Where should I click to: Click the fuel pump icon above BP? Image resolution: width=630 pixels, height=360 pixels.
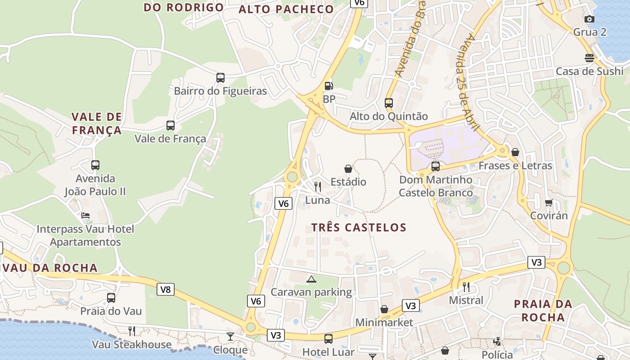click(x=329, y=85)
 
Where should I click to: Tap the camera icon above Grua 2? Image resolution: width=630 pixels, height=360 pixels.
click(x=589, y=19)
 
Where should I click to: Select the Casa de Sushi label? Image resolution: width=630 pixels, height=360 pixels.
click(x=589, y=71)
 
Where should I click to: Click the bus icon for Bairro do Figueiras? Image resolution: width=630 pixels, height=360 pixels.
click(x=220, y=78)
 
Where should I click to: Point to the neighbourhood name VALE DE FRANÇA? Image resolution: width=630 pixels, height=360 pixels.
click(x=97, y=124)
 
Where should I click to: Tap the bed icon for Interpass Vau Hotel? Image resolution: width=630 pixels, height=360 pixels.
click(x=85, y=216)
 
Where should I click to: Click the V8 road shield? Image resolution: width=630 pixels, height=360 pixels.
click(x=166, y=289)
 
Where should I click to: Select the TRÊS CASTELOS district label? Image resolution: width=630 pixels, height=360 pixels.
click(x=359, y=228)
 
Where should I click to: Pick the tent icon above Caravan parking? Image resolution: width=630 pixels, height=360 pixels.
click(x=311, y=279)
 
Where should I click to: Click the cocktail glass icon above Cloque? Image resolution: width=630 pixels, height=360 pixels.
click(x=230, y=336)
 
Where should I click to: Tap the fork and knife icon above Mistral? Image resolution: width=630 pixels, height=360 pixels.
click(x=466, y=287)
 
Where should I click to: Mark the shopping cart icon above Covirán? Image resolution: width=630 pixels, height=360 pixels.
click(x=549, y=203)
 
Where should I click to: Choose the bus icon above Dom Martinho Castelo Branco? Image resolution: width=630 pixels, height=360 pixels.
click(x=436, y=166)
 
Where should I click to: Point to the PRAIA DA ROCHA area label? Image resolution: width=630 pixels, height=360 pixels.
click(x=543, y=310)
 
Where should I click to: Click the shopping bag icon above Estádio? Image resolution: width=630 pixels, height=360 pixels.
click(x=348, y=169)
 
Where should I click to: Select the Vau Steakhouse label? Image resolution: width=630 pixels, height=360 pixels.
click(x=132, y=345)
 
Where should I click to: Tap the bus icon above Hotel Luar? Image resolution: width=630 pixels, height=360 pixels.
click(x=328, y=338)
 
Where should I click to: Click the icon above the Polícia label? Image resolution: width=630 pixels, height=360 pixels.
click(x=497, y=342)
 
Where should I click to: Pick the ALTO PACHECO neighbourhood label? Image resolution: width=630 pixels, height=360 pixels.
click(x=286, y=9)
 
